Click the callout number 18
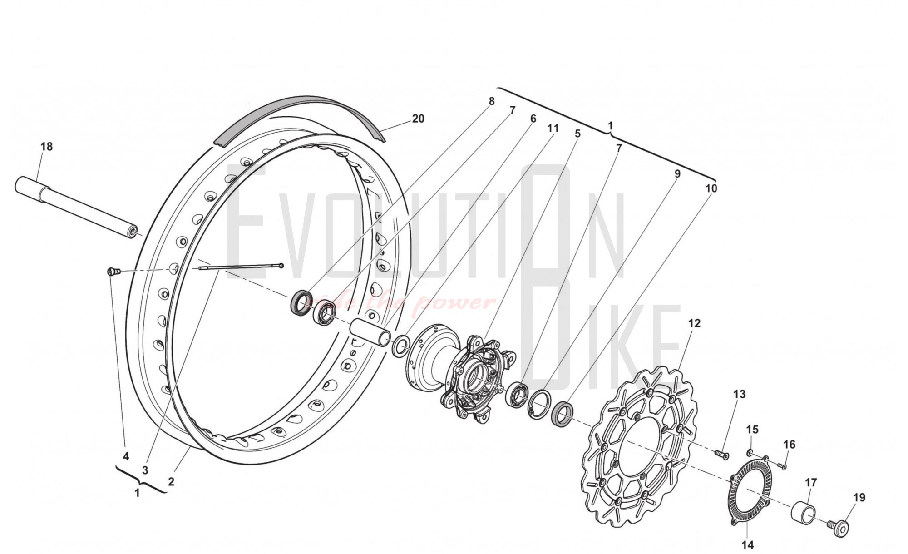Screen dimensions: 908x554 click(x=47, y=147)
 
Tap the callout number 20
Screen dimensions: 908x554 click(x=418, y=119)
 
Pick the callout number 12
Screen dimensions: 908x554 click(x=694, y=323)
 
